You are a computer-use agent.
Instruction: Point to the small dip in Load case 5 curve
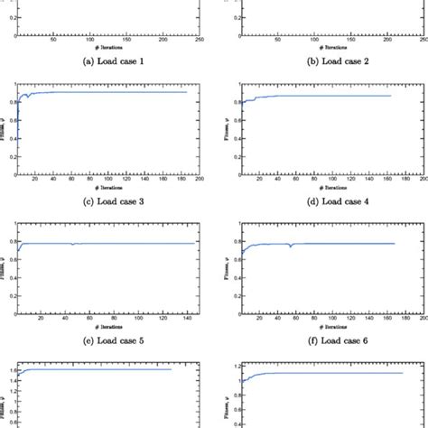pyautogui.click(x=72, y=244)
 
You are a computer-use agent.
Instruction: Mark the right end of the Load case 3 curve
pyautogui.click(x=187, y=92)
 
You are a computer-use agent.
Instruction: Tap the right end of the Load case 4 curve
pyautogui.click(x=391, y=96)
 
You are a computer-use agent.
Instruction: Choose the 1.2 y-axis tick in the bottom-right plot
pyautogui.click(x=229, y=366)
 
